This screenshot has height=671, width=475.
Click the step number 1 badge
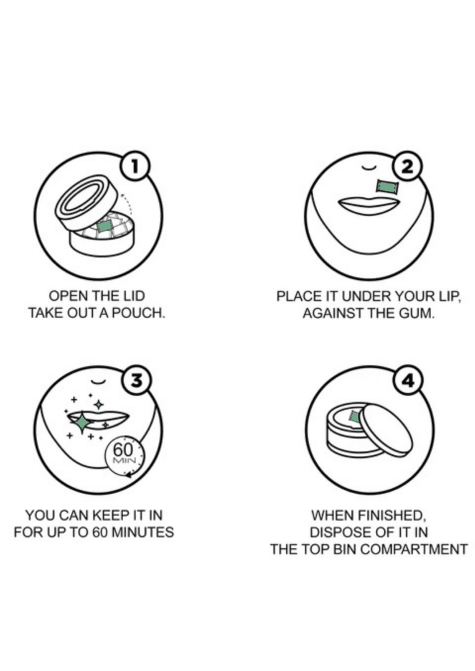point(136,166)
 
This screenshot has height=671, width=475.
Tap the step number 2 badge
point(408,166)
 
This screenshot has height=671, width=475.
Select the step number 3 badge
point(136,380)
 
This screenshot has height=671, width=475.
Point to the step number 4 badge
point(409,380)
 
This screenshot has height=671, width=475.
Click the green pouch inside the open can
point(105,225)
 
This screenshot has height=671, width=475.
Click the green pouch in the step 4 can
point(355,416)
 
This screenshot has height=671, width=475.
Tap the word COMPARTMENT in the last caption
point(414,549)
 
